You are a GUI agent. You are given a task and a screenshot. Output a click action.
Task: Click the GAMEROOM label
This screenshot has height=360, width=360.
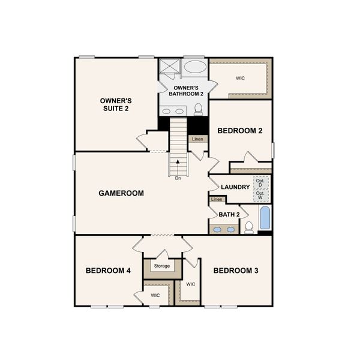click(121, 193)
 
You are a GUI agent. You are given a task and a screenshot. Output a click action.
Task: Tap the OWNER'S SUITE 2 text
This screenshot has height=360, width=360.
click(115, 104)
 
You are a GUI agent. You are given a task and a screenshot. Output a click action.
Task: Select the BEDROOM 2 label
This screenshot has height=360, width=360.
click(239, 130)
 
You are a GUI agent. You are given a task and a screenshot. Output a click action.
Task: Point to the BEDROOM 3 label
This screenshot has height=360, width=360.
click(236, 271)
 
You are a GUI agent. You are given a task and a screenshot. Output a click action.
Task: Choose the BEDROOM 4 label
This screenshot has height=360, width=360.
click(108, 271)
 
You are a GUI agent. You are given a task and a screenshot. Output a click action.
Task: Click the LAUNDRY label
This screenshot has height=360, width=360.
click(235, 187)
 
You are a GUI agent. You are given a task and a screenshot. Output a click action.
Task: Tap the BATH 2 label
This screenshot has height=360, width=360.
click(229, 214)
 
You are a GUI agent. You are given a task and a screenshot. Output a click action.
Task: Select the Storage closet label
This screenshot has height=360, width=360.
click(161, 266)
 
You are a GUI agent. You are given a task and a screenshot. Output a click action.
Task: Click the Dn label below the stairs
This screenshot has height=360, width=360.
click(178, 178)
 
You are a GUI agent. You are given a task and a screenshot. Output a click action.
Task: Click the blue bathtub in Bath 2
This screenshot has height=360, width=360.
click(265, 219)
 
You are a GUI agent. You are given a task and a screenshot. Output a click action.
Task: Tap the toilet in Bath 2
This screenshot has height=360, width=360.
click(248, 227)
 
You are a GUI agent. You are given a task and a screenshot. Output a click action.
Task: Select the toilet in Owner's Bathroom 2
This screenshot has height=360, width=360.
click(198, 109)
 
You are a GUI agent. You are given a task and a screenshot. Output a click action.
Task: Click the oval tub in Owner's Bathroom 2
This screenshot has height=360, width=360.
click(194, 66)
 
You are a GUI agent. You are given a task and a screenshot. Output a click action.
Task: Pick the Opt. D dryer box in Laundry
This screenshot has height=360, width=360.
click(260, 182)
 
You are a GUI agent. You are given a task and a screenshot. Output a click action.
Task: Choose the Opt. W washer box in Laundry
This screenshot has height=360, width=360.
click(260, 194)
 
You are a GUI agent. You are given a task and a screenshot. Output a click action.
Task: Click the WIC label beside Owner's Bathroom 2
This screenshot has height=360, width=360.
click(240, 78)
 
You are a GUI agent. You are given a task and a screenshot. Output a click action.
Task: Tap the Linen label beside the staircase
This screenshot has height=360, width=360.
click(197, 139)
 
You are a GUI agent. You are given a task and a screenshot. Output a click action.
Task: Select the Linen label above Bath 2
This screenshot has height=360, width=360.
click(217, 199)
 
